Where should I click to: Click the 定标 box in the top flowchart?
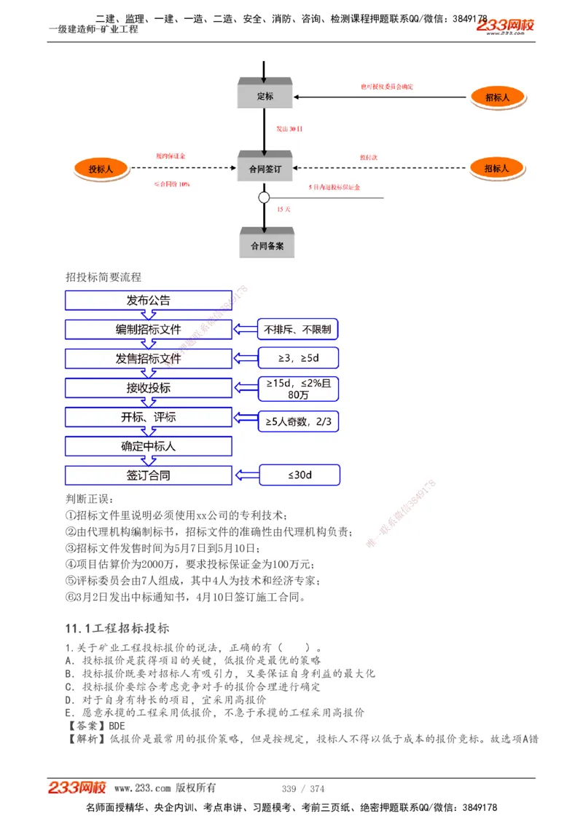265,96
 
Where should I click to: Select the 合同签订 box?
265,169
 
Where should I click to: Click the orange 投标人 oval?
101,169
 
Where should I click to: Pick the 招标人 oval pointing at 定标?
497,96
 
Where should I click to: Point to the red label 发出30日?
289,129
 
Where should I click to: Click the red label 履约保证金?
171,157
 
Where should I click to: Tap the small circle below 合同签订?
264,197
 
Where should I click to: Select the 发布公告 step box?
148,301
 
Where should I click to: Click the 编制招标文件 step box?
148,330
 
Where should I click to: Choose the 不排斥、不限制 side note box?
298,330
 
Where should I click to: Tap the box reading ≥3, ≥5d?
298,359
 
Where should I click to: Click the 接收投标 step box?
148,388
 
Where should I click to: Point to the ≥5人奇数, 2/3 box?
298,421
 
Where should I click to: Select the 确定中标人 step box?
148,446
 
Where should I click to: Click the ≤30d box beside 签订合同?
299,475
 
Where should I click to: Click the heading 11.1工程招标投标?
117,628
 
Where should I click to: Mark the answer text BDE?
117,726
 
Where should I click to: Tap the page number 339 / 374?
303,788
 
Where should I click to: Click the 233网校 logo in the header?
505,26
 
